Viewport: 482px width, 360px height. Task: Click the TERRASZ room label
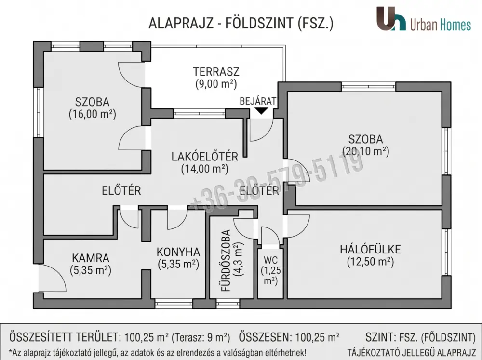216,72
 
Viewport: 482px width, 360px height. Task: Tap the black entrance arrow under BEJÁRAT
261,111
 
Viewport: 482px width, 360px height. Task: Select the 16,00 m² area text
92,114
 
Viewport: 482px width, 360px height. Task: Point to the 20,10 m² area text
365,151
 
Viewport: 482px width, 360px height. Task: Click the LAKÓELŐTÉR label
205,157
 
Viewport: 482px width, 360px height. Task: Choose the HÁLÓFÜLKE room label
370,249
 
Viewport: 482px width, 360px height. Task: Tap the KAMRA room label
91,258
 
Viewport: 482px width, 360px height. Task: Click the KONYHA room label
178,252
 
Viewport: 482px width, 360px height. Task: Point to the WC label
270,260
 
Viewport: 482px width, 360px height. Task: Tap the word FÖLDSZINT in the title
259,23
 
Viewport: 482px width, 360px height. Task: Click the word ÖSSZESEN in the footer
265,337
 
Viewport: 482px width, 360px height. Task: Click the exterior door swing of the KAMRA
52,278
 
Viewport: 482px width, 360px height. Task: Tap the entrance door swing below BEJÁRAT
261,130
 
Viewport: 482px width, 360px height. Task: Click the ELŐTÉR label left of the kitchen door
121,191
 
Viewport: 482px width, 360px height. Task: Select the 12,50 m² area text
370,262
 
